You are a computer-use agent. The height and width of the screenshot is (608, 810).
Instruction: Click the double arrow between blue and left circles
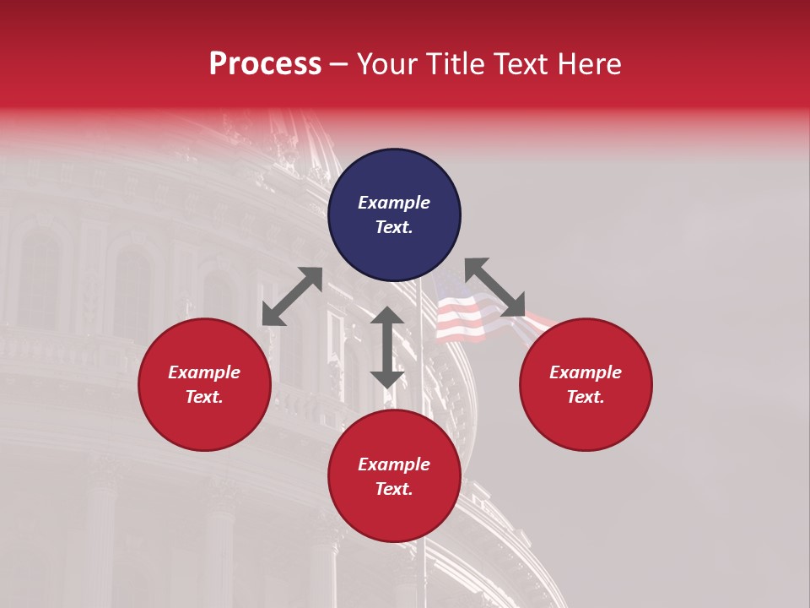click(292, 296)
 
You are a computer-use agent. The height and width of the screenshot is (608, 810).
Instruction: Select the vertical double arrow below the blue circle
click(387, 347)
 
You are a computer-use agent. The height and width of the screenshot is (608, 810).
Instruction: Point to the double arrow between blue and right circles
click(494, 287)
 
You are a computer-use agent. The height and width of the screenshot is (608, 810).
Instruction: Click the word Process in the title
click(265, 63)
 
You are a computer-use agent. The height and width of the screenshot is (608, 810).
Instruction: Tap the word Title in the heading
click(456, 63)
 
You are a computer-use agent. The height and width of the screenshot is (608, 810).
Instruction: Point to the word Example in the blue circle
click(394, 203)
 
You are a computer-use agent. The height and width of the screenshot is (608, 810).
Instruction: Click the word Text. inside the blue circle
click(394, 227)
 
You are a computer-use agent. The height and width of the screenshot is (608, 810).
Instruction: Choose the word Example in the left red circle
click(204, 372)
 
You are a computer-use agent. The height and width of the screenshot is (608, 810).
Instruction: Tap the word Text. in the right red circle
click(586, 397)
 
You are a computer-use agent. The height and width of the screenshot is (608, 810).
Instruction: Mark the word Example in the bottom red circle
click(394, 464)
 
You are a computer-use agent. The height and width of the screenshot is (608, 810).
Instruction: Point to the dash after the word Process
click(339, 63)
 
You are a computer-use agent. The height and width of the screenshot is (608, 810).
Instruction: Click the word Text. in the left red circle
click(204, 397)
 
